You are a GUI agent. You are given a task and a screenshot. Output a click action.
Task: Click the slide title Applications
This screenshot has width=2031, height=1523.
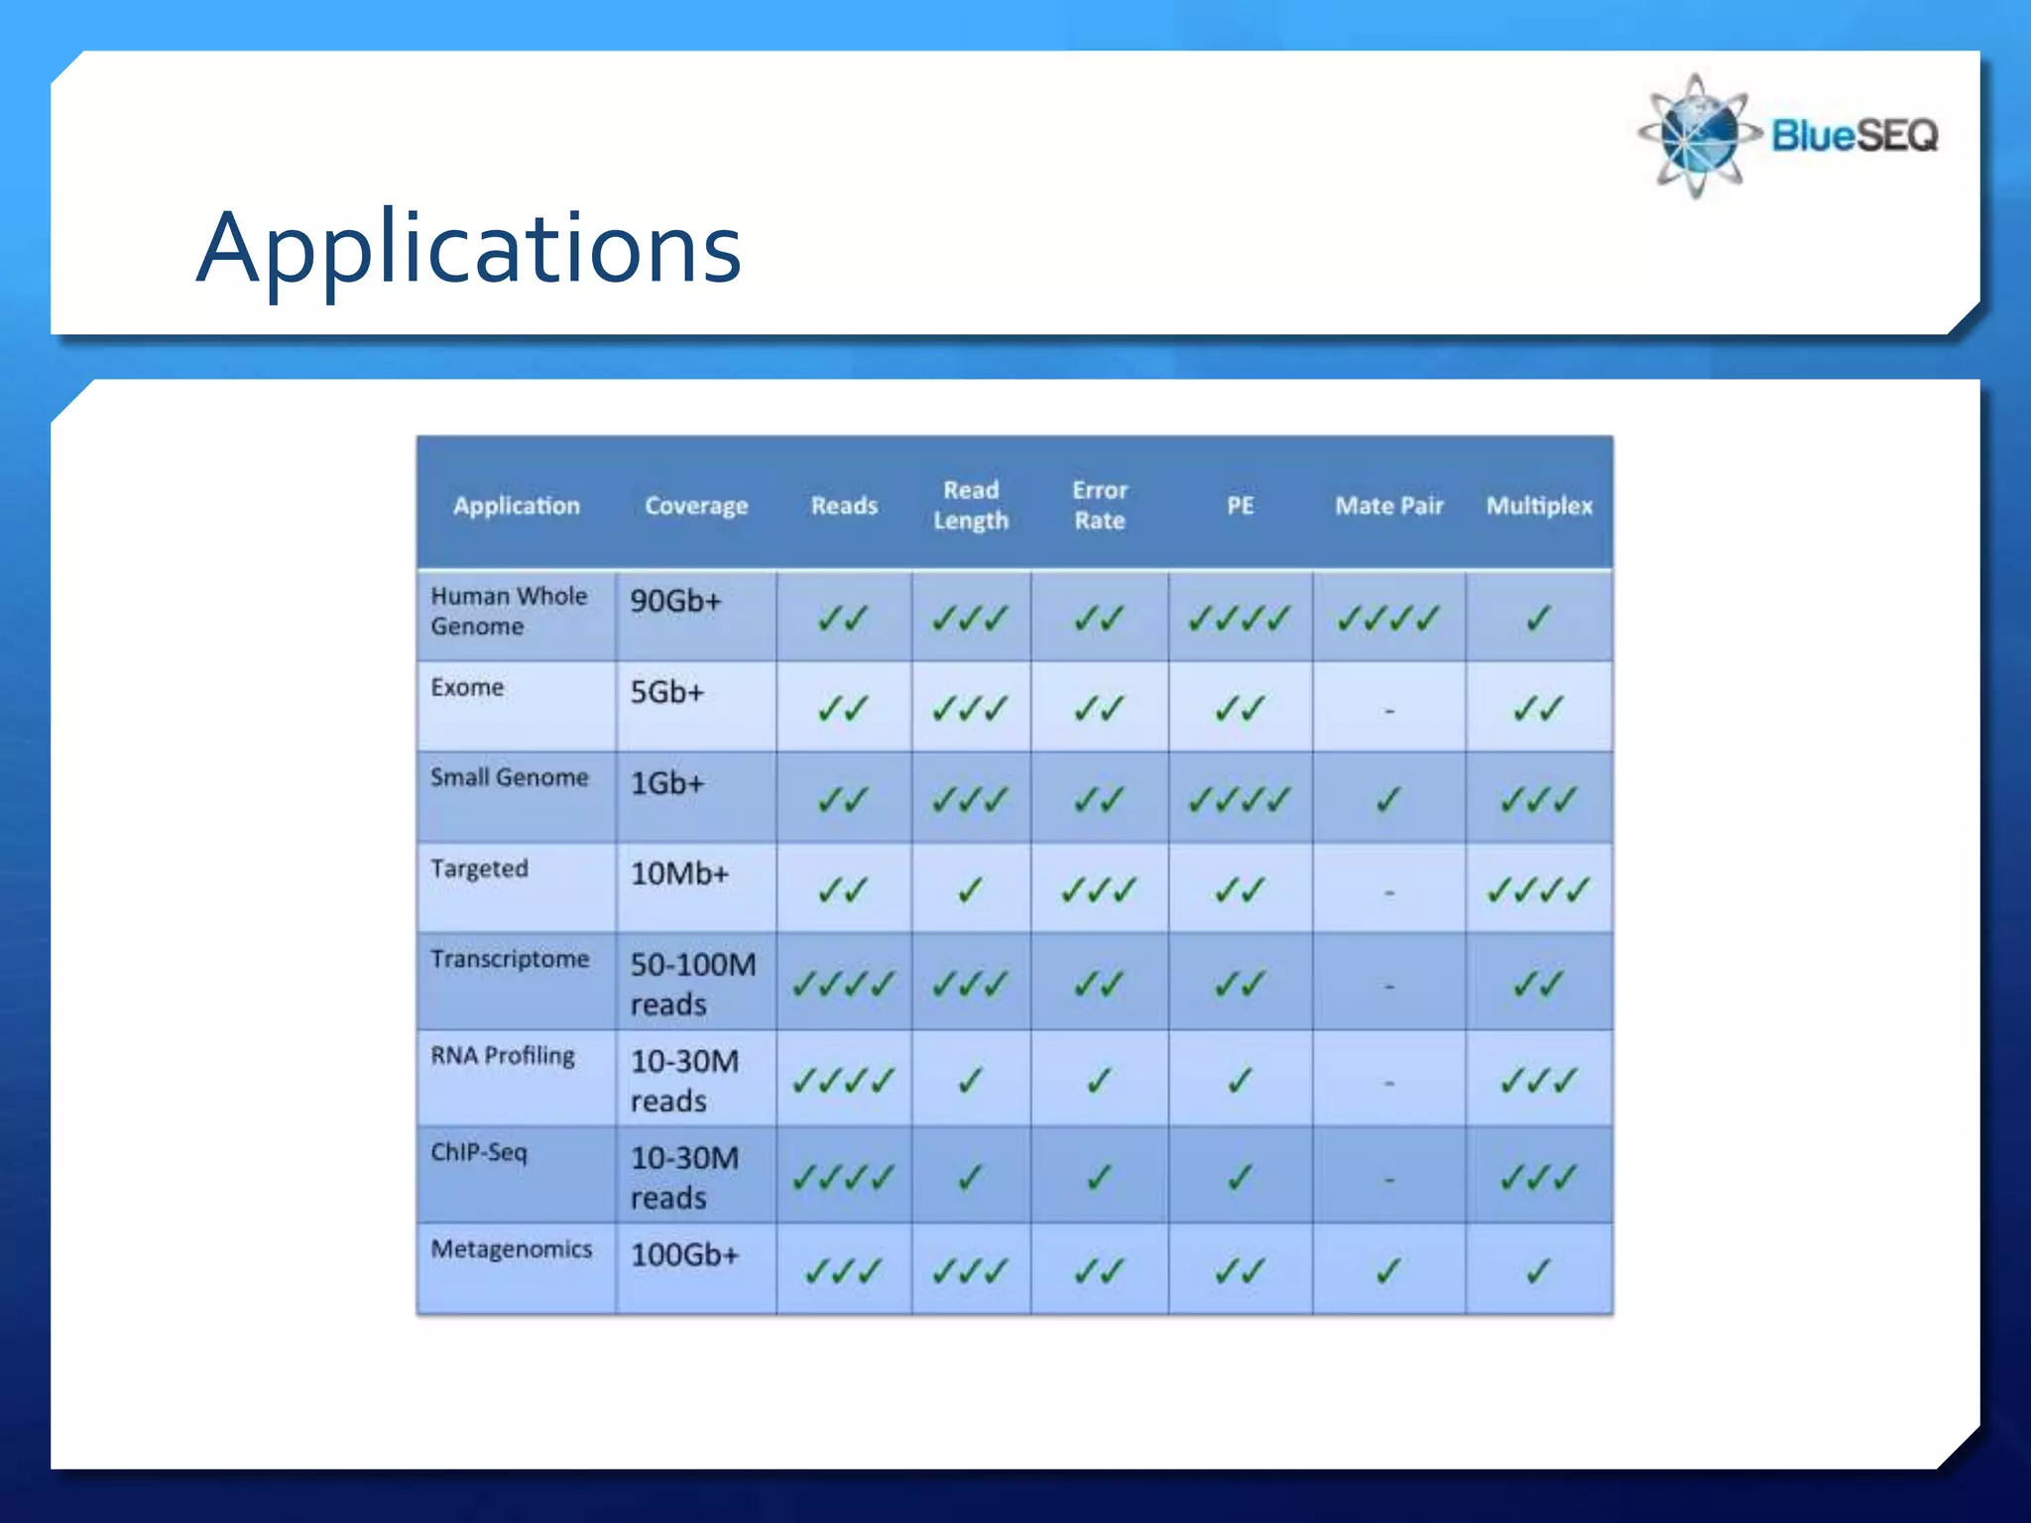click(x=468, y=248)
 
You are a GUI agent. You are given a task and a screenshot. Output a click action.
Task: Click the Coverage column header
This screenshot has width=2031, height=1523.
click(x=696, y=506)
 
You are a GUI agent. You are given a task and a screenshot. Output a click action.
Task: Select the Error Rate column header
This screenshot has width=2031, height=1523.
click(x=1099, y=505)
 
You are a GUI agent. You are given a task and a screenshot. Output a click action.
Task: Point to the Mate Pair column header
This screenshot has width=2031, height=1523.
click(x=1388, y=506)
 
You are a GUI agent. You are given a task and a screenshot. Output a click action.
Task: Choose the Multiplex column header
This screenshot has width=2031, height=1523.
click(x=1538, y=506)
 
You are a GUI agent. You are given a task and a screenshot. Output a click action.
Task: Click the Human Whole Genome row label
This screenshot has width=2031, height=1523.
click(x=509, y=611)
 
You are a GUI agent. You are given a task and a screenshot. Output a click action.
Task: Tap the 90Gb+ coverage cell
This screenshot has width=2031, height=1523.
click(x=676, y=601)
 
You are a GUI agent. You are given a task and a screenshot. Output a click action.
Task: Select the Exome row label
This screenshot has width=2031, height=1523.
click(x=467, y=687)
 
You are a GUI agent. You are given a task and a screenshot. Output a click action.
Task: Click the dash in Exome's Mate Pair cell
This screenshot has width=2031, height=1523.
click(x=1389, y=711)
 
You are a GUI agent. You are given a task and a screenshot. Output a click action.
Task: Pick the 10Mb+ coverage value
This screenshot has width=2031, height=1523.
click(x=680, y=874)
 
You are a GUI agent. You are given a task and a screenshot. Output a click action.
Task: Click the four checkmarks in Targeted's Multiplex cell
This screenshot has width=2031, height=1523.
click(x=1538, y=890)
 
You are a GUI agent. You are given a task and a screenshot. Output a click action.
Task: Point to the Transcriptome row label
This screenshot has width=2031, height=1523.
click(x=510, y=959)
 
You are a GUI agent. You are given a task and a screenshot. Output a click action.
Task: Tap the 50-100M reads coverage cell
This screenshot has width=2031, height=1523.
click(x=693, y=984)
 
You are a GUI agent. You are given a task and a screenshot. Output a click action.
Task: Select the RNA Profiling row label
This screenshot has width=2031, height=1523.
click(x=503, y=1055)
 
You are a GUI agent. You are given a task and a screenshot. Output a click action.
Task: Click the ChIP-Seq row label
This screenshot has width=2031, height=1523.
click(x=479, y=1152)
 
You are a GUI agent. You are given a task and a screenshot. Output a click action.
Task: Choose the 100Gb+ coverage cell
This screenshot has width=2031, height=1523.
click(x=685, y=1254)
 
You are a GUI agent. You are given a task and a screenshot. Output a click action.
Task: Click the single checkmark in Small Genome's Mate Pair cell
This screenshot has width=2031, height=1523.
click(x=1388, y=799)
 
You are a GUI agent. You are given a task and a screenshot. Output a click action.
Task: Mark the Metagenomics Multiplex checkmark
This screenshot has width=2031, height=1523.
click(x=1538, y=1270)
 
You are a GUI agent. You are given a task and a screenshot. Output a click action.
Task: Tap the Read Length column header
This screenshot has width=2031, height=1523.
click(x=970, y=505)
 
